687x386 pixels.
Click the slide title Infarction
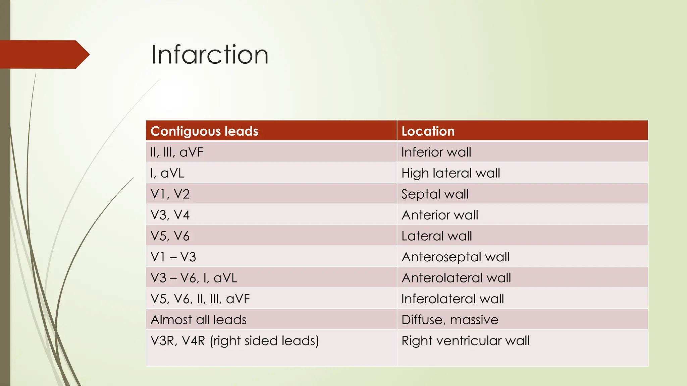click(210, 55)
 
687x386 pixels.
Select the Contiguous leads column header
click(204, 131)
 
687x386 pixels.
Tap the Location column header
click(428, 131)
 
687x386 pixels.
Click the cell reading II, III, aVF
click(177, 152)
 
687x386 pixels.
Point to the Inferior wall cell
click(436, 152)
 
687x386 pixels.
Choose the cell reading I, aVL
click(167, 173)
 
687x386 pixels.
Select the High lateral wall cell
click(451, 173)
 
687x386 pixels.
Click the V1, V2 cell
click(170, 194)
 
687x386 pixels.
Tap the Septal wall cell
click(435, 194)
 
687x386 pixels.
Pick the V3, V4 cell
click(170, 215)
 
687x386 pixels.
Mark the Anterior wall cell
click(440, 215)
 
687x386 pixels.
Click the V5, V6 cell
click(170, 236)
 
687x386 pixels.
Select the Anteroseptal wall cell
click(455, 257)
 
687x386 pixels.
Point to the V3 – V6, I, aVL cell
click(194, 278)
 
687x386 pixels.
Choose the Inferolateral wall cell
click(453, 299)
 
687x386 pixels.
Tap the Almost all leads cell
click(199, 320)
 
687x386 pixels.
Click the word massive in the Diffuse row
click(474, 320)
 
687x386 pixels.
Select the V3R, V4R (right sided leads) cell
click(234, 341)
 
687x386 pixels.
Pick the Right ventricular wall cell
click(465, 341)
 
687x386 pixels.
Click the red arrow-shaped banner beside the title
click(44, 54)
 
